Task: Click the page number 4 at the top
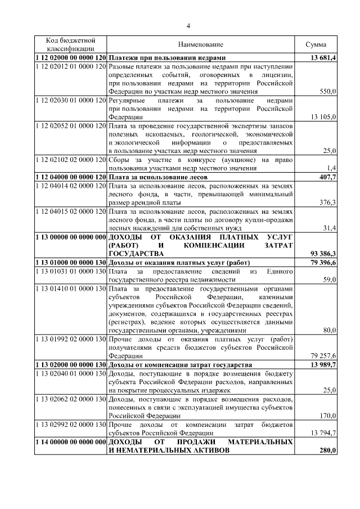[x=189, y=25]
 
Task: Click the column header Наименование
[x=201, y=44]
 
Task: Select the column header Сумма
[x=316, y=44]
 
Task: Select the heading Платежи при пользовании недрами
[x=166, y=58]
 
